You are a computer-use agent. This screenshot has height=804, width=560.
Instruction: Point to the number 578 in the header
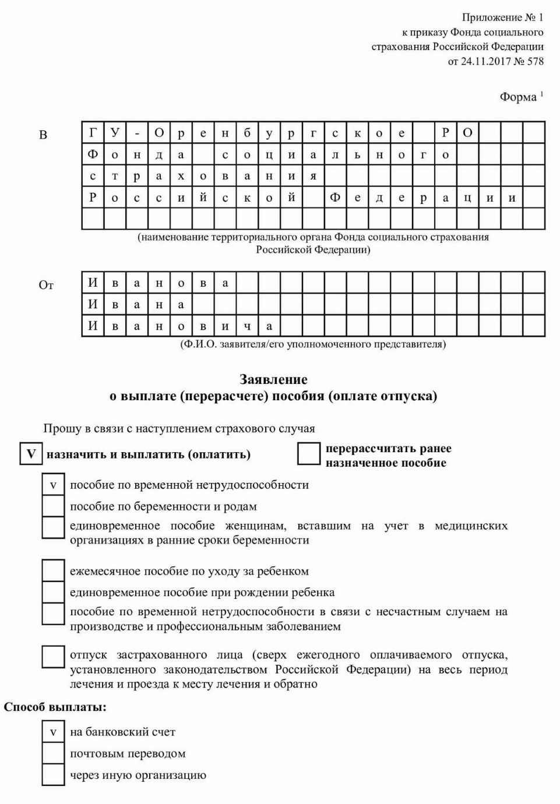pyautogui.click(x=535, y=61)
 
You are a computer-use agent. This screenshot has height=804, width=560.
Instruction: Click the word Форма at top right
pyautogui.click(x=517, y=97)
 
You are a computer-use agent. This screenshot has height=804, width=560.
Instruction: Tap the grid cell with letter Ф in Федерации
pyautogui.click(x=335, y=198)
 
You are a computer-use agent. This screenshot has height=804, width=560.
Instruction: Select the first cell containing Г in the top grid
pyautogui.click(x=93, y=133)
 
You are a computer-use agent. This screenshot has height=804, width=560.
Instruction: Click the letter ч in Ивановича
pyautogui.click(x=247, y=326)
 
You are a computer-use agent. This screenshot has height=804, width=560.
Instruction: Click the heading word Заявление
pyautogui.click(x=273, y=380)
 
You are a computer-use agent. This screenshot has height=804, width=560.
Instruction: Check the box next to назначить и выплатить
pyautogui.click(x=31, y=454)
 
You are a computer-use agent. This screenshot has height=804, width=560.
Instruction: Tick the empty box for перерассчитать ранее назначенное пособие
pyautogui.click(x=309, y=454)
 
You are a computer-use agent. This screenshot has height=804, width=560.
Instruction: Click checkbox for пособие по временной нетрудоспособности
pyautogui.click(x=53, y=485)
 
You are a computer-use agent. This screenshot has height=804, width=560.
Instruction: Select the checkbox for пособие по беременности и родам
pyautogui.click(x=53, y=506)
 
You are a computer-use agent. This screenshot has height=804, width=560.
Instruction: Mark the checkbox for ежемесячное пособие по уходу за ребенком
pyautogui.click(x=53, y=571)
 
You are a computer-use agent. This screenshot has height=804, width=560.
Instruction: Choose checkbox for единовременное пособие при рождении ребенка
pyautogui.click(x=53, y=593)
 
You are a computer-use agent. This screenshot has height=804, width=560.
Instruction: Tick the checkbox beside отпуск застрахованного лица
pyautogui.click(x=53, y=656)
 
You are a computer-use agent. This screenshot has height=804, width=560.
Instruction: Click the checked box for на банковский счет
pyautogui.click(x=53, y=732)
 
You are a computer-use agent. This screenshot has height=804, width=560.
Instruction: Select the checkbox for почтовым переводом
pyautogui.click(x=53, y=753)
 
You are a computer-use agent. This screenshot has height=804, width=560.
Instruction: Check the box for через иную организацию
pyautogui.click(x=53, y=775)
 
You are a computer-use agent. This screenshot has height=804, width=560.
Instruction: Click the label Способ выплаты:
pyautogui.click(x=55, y=707)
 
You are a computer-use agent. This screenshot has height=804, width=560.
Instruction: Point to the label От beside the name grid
pyautogui.click(x=46, y=285)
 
